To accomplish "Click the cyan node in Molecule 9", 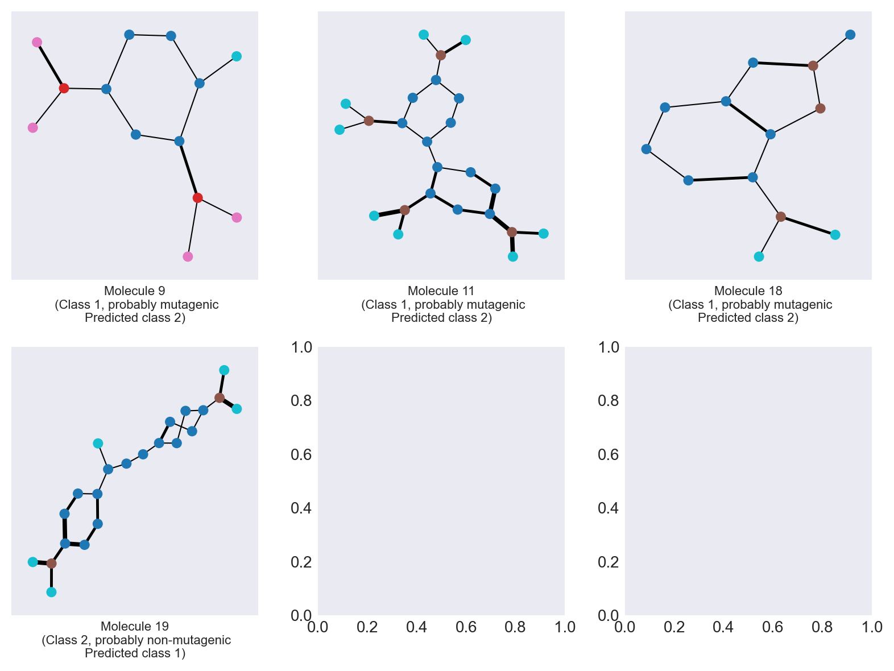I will tap(237, 56).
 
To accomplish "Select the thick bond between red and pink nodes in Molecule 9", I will tap(50, 65).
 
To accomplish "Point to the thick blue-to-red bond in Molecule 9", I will tap(188, 169).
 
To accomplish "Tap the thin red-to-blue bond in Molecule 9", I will tap(85, 89).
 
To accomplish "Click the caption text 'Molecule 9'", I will tap(135, 291).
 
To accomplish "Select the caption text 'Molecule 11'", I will tap(441, 291).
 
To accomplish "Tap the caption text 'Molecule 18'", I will tap(748, 291).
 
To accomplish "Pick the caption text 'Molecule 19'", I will tap(135, 627).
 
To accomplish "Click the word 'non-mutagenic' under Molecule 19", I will tap(193, 640).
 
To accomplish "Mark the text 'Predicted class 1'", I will tap(135, 653).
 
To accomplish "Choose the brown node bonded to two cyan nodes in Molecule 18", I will tap(781, 217).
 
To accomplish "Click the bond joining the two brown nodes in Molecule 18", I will tap(817, 87).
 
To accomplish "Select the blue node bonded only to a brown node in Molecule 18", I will tap(850, 35).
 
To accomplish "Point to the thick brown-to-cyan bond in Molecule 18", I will tap(808, 226).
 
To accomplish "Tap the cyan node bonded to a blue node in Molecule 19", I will tap(98, 444).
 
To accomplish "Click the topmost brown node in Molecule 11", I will tap(441, 55).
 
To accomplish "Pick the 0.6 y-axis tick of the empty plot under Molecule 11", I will tap(301, 455).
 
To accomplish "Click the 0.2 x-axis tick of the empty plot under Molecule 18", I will tap(674, 627).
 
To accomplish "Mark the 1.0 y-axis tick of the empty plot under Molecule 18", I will tap(609, 347).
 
